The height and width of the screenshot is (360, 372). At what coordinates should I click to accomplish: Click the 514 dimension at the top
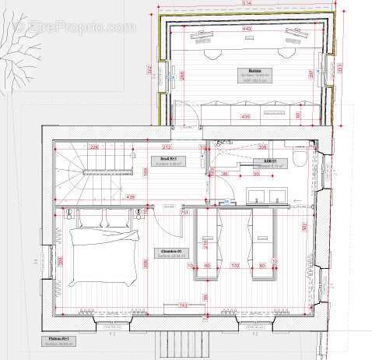tap(246, 4)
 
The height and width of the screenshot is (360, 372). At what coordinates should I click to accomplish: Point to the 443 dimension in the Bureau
tap(246, 29)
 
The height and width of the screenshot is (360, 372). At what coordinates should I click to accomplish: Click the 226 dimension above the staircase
tap(93, 146)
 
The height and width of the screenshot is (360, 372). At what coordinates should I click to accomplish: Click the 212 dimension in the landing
tap(166, 146)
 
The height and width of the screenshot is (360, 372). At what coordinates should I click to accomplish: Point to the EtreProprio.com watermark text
tap(75, 27)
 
